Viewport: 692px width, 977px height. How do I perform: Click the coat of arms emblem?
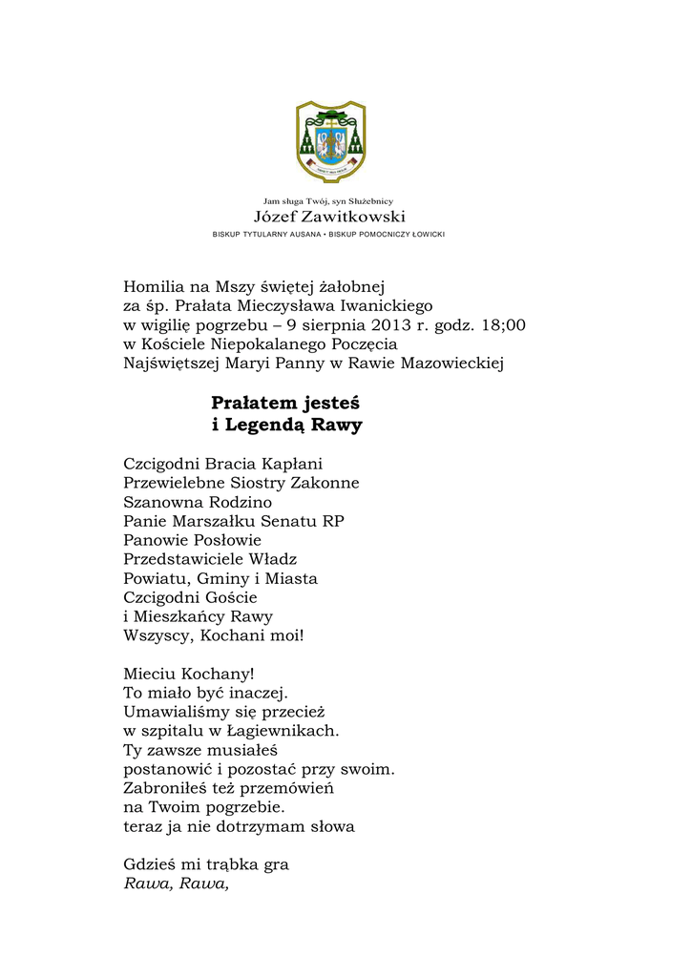click(x=330, y=141)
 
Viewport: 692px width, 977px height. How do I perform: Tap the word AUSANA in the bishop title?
click(x=302, y=234)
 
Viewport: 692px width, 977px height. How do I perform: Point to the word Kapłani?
click(x=292, y=465)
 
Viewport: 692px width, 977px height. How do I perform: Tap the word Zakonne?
click(x=323, y=483)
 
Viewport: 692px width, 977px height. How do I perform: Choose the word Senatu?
click(x=287, y=521)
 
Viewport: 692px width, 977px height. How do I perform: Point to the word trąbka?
click(x=231, y=865)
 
